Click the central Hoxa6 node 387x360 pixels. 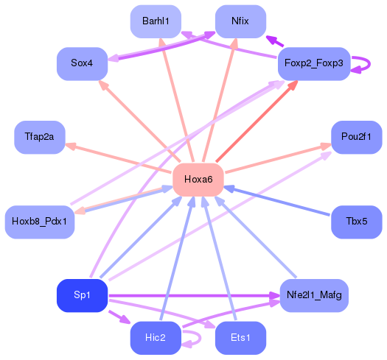click(198, 179)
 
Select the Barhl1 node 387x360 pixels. click(156, 21)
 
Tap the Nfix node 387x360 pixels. click(240, 21)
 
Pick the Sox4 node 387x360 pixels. click(82, 63)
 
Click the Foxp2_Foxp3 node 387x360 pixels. click(312, 63)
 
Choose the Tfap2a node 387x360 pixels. click(40, 137)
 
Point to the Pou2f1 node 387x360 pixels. click(356, 137)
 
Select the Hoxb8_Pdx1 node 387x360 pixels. click(40, 221)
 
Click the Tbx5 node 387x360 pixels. click(356, 221)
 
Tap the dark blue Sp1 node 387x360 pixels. click(82, 295)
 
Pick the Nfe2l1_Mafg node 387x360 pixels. click(312, 295)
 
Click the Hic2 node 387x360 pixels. click(156, 338)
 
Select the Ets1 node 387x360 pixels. click(240, 338)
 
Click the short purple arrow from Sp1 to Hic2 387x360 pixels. click(118, 317)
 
